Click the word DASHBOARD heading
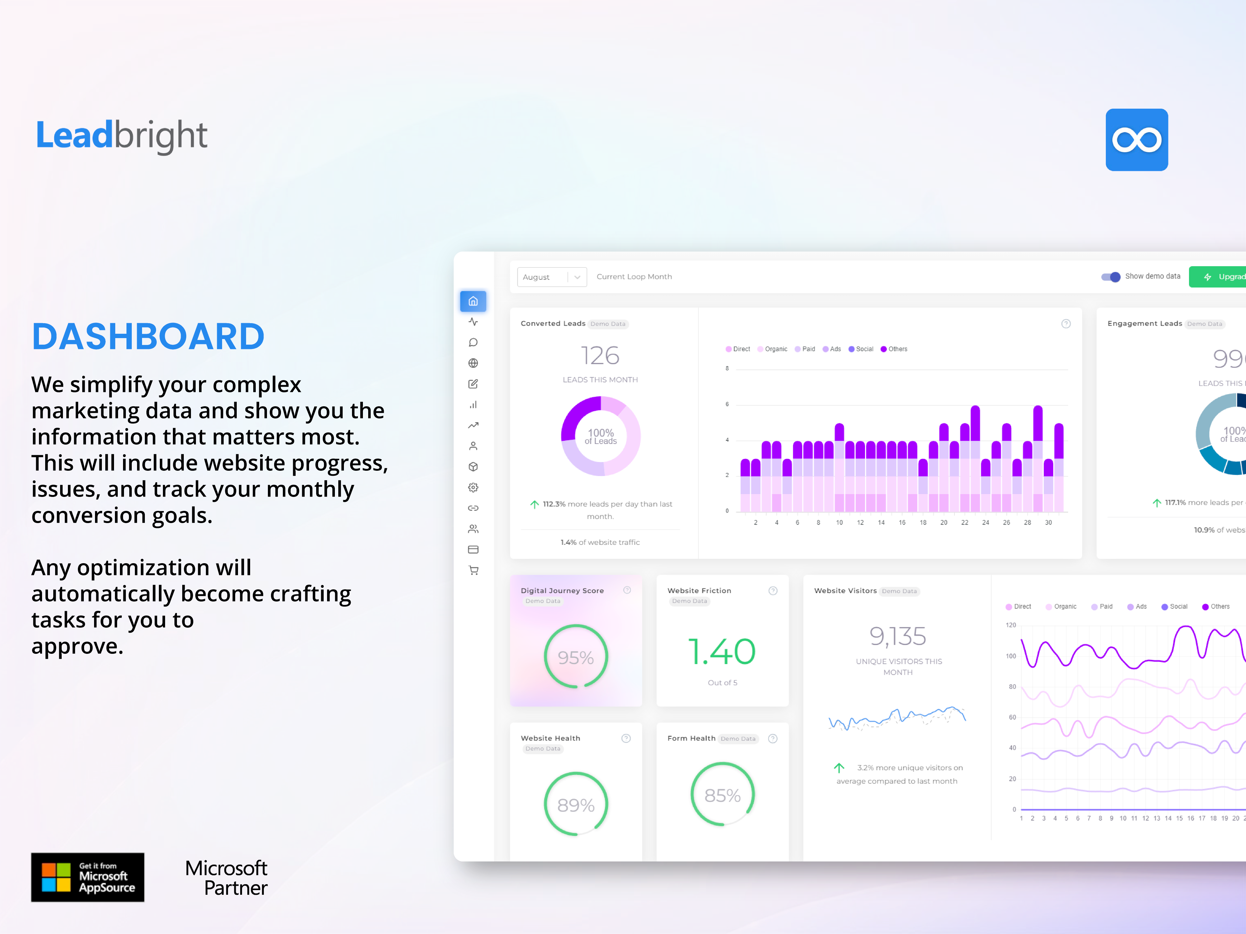click(x=148, y=337)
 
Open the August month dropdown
click(x=551, y=277)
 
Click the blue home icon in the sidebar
click(x=473, y=301)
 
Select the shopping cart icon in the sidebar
click(x=473, y=570)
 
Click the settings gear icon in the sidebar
click(x=473, y=488)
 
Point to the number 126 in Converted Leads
click(x=600, y=356)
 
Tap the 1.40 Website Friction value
click(x=722, y=651)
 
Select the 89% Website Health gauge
click(x=576, y=804)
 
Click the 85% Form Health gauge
click(x=722, y=795)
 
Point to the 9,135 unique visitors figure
click(x=898, y=636)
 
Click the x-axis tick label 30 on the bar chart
click(x=1048, y=522)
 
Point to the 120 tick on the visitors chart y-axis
click(x=1011, y=625)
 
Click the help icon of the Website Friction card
click(x=773, y=591)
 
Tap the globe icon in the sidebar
click(x=473, y=363)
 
